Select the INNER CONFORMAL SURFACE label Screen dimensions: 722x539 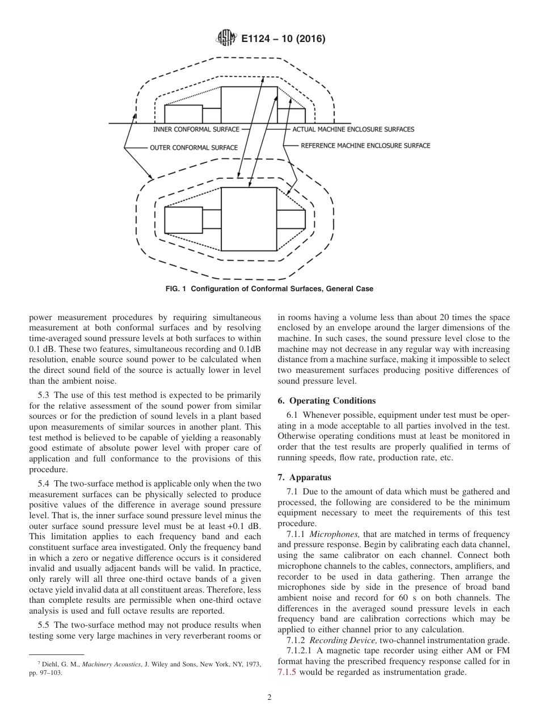tap(196, 129)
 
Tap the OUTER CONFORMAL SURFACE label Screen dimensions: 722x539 tap(193, 148)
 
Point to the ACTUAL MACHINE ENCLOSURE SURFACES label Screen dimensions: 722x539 tap(353, 129)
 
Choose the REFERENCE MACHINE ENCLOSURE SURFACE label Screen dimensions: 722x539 tap(365, 145)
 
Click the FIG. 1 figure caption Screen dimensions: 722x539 tap(269, 289)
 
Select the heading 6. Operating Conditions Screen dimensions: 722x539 tap(326, 401)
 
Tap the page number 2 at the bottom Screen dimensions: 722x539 tap(269, 698)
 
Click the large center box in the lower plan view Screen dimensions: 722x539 tap(249, 219)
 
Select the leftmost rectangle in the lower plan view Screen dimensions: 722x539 tap(183, 220)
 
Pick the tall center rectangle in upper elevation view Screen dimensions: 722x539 tap(249, 104)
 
